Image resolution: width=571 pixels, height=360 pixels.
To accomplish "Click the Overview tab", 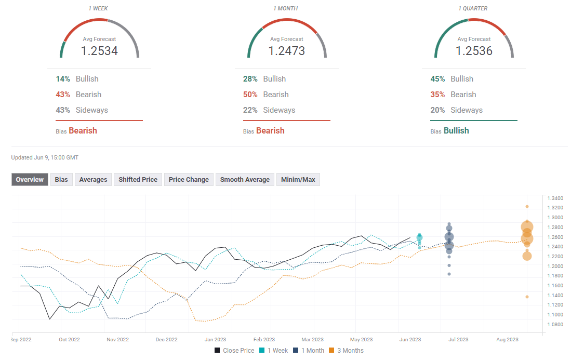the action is [30, 179].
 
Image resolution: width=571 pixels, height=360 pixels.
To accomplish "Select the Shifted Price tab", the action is [138, 179].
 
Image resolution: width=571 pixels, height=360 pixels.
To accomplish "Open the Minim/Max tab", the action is [298, 179].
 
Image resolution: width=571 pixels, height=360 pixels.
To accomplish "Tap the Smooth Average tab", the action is [245, 179].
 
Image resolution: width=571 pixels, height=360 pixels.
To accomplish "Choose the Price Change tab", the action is [189, 179].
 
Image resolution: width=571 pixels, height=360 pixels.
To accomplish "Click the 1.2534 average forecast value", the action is [99, 51].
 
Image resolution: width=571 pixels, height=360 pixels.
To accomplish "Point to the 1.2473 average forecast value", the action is [287, 51].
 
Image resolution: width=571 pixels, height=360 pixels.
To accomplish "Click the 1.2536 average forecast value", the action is [474, 51].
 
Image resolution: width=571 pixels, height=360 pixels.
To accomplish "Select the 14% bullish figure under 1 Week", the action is [63, 79].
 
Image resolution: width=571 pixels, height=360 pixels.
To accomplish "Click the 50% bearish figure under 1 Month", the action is [250, 95].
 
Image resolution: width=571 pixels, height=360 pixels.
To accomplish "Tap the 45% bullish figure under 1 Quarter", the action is [437, 79].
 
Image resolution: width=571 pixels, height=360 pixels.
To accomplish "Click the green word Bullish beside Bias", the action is [456, 131].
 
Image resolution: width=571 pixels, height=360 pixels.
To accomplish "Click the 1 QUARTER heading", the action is [473, 8].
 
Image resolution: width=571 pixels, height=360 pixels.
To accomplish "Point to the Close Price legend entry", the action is [234, 351].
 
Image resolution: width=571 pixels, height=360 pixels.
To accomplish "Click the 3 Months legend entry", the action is [347, 351].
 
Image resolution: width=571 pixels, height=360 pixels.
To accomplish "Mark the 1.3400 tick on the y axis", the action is [555, 198].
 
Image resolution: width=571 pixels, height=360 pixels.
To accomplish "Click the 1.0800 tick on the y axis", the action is [555, 324].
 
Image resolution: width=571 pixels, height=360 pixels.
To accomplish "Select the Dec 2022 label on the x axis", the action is [166, 340].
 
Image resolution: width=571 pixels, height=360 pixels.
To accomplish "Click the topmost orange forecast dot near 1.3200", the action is [527, 207].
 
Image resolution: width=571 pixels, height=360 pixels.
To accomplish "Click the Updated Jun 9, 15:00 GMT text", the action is [45, 157].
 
